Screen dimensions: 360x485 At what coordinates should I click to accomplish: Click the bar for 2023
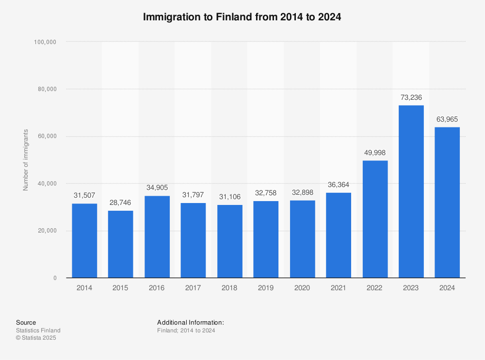click(411, 191)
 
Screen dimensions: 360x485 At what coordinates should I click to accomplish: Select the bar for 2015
click(120, 244)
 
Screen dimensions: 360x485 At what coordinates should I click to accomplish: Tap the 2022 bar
click(375, 219)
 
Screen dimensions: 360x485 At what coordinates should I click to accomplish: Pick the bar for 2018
click(229, 241)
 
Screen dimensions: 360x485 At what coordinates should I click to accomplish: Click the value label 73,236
click(411, 97)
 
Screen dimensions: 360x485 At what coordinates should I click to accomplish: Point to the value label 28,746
click(120, 203)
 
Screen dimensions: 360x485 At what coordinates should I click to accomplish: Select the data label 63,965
click(447, 119)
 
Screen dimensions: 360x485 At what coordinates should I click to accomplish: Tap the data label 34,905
click(157, 188)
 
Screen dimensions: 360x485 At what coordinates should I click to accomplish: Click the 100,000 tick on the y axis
click(45, 42)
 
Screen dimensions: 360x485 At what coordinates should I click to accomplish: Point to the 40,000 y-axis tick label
click(47, 184)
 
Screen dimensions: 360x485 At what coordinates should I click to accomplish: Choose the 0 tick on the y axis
click(55, 278)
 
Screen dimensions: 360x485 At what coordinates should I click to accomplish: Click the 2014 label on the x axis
click(84, 288)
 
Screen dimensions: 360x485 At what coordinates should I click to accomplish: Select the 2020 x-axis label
click(302, 288)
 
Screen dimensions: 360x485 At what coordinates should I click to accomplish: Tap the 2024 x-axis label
click(447, 288)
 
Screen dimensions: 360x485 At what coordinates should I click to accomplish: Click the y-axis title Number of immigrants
click(26, 160)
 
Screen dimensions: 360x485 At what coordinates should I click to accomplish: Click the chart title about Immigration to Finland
click(242, 17)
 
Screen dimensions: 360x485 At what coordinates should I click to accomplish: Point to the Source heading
click(26, 323)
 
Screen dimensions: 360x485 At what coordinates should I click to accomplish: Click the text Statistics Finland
click(38, 330)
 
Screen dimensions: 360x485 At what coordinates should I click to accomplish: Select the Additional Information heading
click(190, 323)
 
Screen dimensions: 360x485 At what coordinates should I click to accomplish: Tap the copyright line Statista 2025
click(36, 338)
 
